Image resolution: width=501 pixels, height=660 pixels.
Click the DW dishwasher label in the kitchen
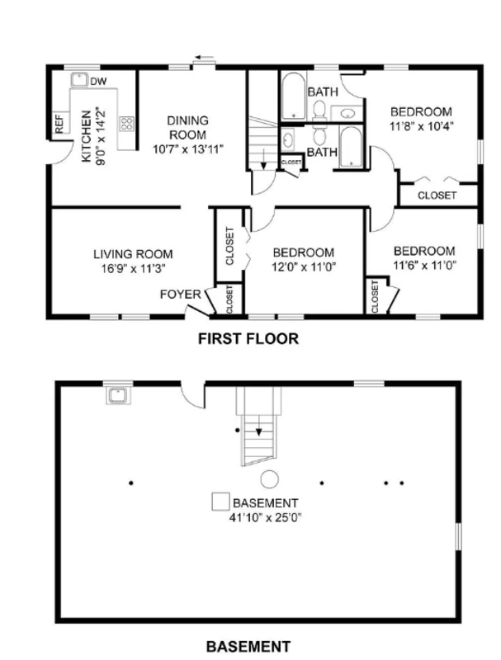click(x=98, y=81)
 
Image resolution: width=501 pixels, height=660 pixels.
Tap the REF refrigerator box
click(x=59, y=124)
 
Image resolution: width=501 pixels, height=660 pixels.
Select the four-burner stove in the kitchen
click(x=127, y=124)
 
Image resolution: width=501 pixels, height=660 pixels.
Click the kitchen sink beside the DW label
click(x=78, y=80)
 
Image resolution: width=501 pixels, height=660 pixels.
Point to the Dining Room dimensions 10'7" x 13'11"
click(x=187, y=149)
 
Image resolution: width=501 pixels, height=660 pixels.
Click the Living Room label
click(x=133, y=254)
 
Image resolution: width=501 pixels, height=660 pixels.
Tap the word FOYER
click(x=181, y=295)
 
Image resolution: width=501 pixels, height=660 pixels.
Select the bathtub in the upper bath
click(x=293, y=97)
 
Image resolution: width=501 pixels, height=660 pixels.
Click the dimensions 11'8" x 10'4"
click(x=422, y=126)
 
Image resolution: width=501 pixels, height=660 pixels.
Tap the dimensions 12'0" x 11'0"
click(x=303, y=266)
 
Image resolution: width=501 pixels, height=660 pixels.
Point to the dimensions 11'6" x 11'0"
click(x=425, y=265)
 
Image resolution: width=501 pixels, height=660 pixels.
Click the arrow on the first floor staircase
click(x=263, y=159)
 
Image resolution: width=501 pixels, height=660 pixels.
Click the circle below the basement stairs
click(x=269, y=479)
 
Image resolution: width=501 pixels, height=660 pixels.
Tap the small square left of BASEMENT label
click(x=220, y=502)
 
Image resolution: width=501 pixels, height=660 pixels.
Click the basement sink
click(x=118, y=396)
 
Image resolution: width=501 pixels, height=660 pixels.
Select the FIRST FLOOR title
click(x=248, y=338)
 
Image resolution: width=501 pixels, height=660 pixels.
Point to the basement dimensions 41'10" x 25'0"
click(x=266, y=517)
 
